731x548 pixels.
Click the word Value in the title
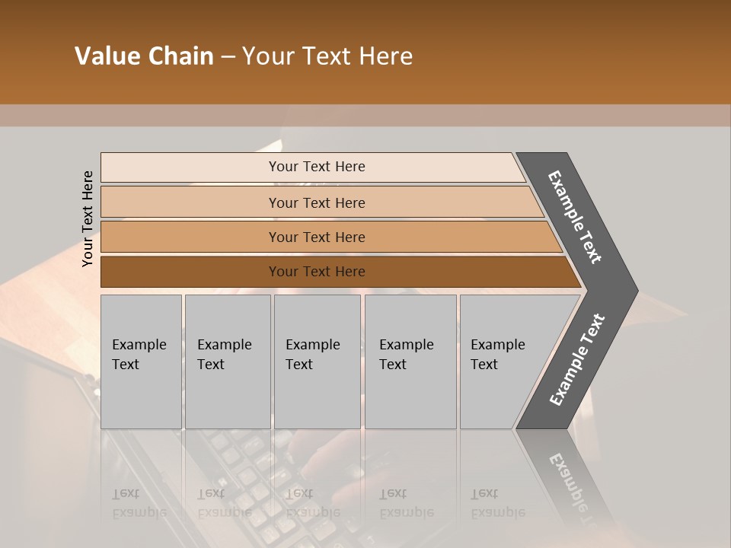(x=106, y=56)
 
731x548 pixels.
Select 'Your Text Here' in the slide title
(x=327, y=56)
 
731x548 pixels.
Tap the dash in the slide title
(x=228, y=57)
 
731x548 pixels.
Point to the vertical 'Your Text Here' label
(x=88, y=218)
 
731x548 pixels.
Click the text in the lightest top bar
(x=317, y=167)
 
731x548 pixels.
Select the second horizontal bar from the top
(x=317, y=202)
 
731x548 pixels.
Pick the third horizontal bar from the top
(x=317, y=237)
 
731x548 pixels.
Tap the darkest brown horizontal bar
(x=317, y=272)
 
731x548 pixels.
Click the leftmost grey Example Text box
(x=141, y=362)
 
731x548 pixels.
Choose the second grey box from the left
(x=228, y=362)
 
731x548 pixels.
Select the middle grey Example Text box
(x=317, y=362)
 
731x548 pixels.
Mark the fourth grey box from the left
(x=410, y=362)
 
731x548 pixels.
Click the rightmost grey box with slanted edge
(x=506, y=362)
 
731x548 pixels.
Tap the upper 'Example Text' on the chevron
(x=575, y=217)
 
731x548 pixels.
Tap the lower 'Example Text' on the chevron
(x=576, y=360)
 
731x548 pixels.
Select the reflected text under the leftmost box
(x=137, y=503)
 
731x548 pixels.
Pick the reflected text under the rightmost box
(x=496, y=503)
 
